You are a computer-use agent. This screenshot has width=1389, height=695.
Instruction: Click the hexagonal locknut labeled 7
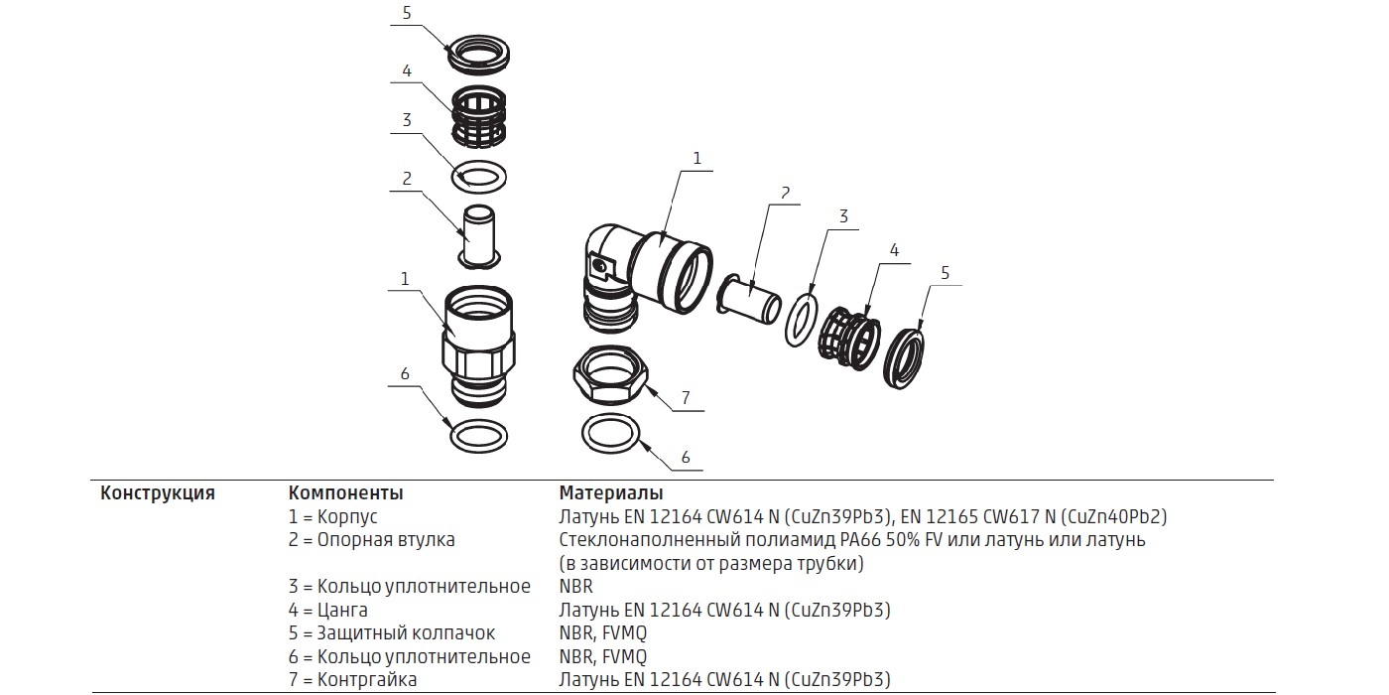[611, 373]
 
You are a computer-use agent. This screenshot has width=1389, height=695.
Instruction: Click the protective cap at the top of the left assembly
[478, 53]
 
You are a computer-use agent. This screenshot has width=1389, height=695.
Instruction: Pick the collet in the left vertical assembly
[478, 117]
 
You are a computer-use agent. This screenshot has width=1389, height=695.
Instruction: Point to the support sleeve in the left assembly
[478, 237]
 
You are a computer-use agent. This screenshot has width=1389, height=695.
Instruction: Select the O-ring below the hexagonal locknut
[611, 433]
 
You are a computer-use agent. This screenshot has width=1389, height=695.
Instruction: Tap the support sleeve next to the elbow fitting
[749, 299]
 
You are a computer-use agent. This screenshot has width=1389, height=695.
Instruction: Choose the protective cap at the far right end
[904, 358]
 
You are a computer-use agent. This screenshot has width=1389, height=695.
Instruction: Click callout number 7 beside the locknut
[686, 398]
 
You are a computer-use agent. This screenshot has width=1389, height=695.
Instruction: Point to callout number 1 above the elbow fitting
[696, 158]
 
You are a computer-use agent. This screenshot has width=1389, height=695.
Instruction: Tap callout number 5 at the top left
[407, 13]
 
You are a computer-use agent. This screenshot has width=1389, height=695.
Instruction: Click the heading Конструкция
[158, 493]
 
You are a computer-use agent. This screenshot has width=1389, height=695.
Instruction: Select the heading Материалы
[611, 493]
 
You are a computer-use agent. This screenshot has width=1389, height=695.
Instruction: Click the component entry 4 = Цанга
[327, 610]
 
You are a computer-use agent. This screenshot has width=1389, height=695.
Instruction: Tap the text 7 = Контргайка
[352, 679]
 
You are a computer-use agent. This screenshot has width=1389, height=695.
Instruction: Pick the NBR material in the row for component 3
[575, 587]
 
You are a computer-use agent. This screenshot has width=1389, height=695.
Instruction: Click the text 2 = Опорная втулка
[371, 540]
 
